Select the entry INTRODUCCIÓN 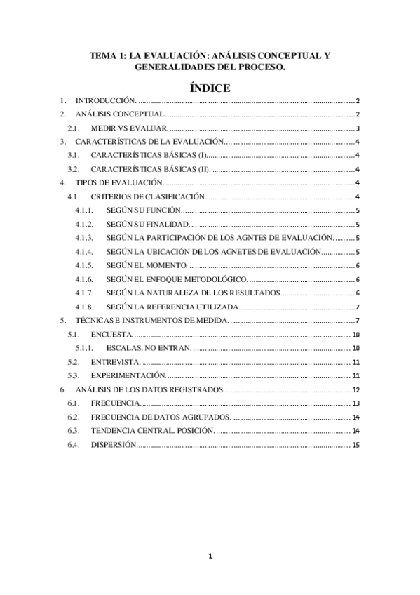point(106,102)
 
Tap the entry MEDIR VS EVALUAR point(129,128)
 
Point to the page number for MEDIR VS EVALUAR point(358,128)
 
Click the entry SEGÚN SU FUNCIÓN point(145,210)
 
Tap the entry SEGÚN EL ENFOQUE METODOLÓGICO point(177,279)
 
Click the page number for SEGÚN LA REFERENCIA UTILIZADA point(358,306)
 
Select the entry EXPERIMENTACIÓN point(126,376)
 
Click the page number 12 point(356,389)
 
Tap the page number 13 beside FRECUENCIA point(356,403)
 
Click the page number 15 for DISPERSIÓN point(356,444)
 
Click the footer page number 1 point(210,557)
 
